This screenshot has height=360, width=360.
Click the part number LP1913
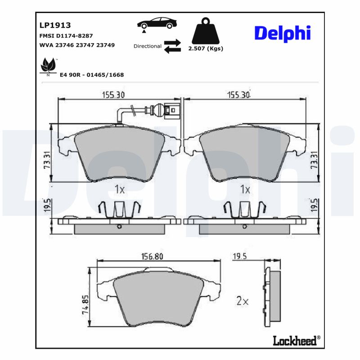[55, 25]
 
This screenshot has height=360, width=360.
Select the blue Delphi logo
[283, 34]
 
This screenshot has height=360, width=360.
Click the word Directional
[148, 46]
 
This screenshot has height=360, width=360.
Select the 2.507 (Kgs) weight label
[206, 49]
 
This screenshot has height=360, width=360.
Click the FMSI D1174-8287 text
[66, 36]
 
